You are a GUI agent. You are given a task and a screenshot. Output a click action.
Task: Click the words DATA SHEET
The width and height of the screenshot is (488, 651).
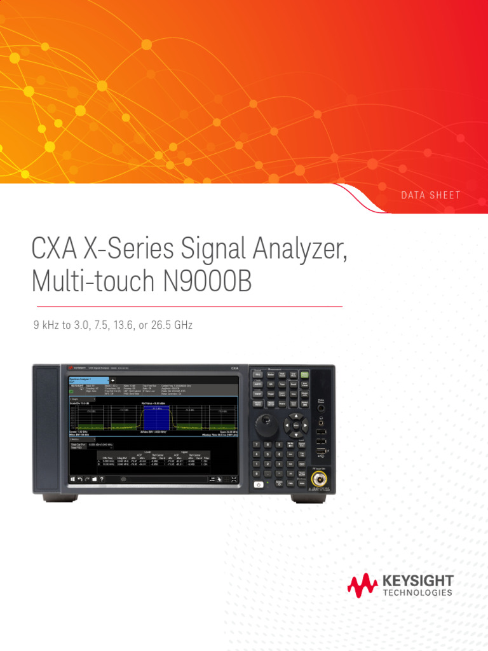[x=430, y=195]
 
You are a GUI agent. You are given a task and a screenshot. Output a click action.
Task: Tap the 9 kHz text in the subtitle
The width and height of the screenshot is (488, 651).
[x=46, y=325]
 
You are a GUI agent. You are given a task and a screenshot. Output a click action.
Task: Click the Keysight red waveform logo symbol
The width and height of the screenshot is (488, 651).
[x=362, y=584]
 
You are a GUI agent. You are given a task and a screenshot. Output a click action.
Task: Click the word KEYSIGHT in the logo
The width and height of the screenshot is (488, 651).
[x=418, y=580]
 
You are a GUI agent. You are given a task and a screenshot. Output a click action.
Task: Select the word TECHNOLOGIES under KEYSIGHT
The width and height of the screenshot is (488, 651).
[x=418, y=593]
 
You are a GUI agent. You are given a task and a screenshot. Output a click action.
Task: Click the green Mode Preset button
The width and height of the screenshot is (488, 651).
[x=305, y=375]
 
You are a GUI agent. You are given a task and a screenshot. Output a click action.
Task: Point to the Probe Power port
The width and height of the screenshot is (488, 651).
[x=320, y=408]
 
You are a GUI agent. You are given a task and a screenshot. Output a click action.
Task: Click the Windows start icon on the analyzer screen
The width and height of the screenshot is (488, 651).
[x=72, y=479]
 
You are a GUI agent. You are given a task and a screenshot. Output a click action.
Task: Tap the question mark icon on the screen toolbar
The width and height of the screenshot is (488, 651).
[x=102, y=479]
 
